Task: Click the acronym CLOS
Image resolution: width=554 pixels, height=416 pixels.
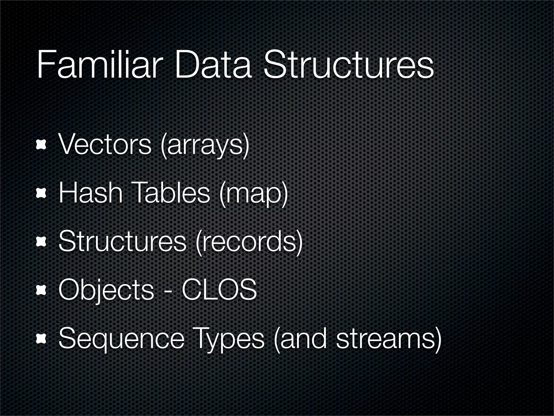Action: (219, 290)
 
